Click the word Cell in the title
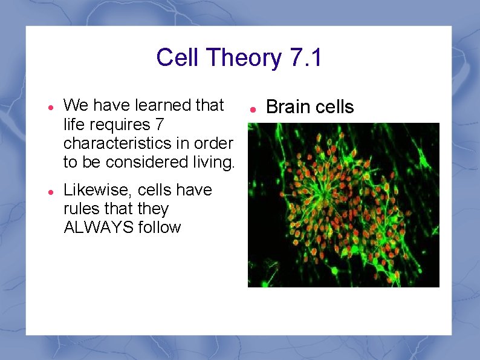(178, 58)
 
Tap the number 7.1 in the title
(306, 58)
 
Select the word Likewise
(98, 190)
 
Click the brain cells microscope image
(343, 205)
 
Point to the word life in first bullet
(76, 124)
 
